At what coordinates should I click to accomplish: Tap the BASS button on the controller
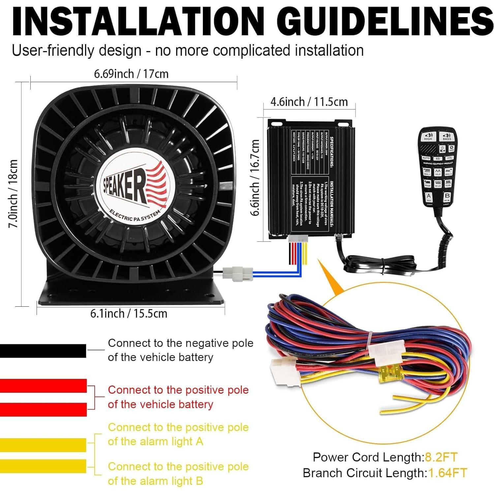point(447,137)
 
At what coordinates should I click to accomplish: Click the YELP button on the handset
point(437,172)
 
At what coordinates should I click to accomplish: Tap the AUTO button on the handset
point(426,158)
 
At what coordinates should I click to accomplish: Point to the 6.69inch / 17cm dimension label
point(131,74)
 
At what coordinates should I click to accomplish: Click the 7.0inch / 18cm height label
point(13,194)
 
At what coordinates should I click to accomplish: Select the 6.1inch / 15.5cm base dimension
point(129,313)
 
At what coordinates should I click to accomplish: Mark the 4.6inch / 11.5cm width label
point(309,102)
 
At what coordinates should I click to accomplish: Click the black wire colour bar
point(43,351)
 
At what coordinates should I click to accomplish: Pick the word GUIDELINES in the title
point(388,21)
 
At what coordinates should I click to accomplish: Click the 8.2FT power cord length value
point(441,457)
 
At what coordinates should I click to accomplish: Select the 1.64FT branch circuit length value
point(447,473)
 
